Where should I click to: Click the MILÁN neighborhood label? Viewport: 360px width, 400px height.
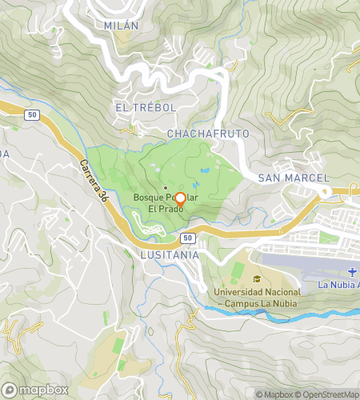[x=122, y=26]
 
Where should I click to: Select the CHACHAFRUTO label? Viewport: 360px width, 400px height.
[x=208, y=133]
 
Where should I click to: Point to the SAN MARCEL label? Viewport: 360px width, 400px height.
[x=294, y=177]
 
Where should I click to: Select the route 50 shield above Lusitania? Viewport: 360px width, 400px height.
[x=186, y=238]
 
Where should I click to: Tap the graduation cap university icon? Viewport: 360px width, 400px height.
[x=257, y=279]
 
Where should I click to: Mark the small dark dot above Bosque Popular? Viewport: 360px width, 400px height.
[x=166, y=166]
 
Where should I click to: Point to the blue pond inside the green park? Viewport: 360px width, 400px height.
[x=206, y=171]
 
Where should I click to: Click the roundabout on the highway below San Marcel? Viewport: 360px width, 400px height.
[x=324, y=193]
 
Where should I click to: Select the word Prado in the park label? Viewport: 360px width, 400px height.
[x=163, y=210]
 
